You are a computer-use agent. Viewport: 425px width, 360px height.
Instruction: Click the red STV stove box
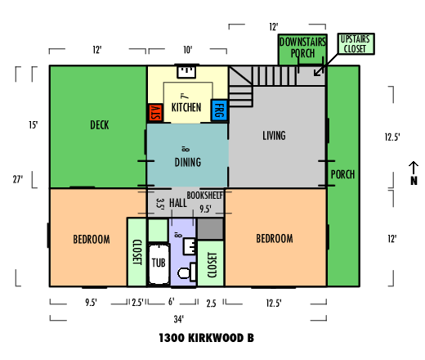155,113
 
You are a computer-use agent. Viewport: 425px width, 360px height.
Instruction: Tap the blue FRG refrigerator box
219,110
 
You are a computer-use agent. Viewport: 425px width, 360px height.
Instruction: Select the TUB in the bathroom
159,263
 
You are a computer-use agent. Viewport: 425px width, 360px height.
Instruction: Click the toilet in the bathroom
187,272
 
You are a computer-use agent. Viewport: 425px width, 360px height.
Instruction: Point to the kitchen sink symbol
186,71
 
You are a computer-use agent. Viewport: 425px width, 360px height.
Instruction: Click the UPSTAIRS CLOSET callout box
356,44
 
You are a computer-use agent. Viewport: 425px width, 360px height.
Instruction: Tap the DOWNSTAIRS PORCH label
302,47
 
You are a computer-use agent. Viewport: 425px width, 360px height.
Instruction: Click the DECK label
100,125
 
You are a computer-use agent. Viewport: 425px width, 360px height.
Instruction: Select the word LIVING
274,136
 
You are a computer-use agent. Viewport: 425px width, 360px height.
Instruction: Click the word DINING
188,162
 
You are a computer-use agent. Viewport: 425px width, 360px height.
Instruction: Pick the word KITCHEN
186,107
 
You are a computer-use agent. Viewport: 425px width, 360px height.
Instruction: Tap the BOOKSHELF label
205,196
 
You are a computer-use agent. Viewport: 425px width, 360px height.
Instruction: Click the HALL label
178,203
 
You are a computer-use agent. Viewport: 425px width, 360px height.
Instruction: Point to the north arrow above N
414,168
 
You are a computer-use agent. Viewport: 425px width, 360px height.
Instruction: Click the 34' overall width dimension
179,319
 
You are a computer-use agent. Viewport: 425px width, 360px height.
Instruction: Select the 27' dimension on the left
18,179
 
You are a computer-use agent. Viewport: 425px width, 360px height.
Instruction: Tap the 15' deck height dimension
34,125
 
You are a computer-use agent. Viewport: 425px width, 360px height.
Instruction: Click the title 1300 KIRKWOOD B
207,338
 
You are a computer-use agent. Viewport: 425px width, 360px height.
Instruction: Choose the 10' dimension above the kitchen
188,50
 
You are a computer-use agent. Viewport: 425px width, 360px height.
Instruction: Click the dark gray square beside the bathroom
210,229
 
